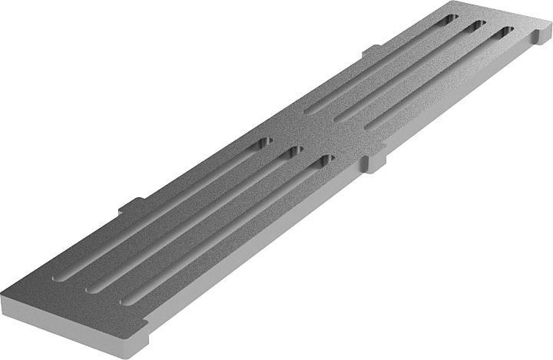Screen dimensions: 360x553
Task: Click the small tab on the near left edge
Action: tap(131, 205)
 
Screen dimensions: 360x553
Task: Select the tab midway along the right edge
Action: tap(375, 162)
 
